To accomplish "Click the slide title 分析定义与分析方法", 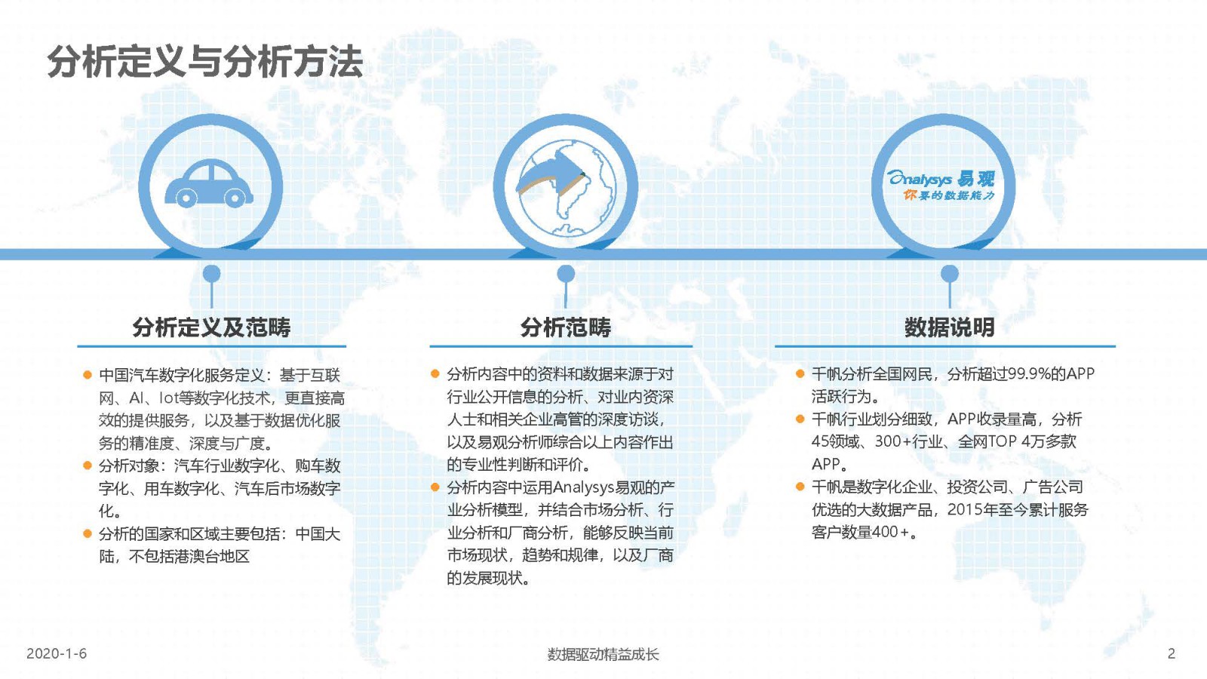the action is (x=204, y=61).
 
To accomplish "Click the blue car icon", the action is (x=209, y=183).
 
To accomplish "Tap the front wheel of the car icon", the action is (x=235, y=198).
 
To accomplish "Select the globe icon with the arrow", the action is (x=565, y=188).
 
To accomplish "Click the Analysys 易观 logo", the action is (x=942, y=186).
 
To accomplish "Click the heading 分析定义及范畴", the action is (x=211, y=327).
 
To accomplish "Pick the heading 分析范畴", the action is (x=565, y=327).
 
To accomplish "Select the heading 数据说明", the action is (x=950, y=327).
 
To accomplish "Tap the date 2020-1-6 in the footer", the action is (x=57, y=653).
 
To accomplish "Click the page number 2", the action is (x=1171, y=653).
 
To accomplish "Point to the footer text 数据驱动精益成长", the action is (x=603, y=654).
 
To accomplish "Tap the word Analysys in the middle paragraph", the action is (x=584, y=487).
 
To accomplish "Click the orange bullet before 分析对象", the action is (x=88, y=465).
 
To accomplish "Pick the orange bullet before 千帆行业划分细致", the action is (x=800, y=419).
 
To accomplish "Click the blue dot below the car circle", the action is (x=212, y=274).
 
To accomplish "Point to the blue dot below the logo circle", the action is (x=950, y=274).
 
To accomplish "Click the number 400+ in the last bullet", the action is (x=891, y=532).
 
